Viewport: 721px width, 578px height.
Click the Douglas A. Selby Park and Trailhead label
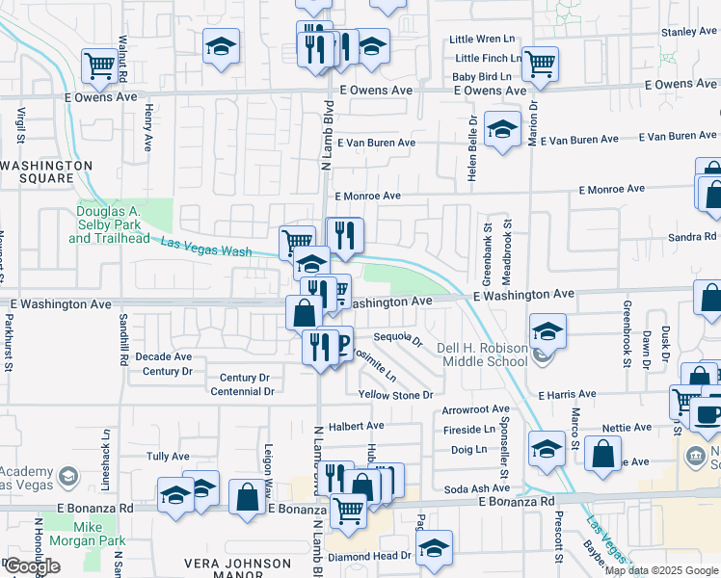[110, 224]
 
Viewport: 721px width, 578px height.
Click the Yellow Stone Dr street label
[396, 395]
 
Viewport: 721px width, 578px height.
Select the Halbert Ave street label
[356, 425]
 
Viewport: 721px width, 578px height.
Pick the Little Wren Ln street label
[486, 39]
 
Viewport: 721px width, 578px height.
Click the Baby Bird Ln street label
[487, 75]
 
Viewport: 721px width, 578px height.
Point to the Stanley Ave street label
[690, 32]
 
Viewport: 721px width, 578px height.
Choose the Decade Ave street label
[164, 356]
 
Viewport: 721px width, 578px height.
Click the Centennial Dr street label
[242, 392]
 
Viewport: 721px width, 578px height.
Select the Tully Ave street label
[167, 457]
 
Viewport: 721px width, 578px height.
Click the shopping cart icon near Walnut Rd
[99, 65]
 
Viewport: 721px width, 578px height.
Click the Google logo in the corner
[32, 566]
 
